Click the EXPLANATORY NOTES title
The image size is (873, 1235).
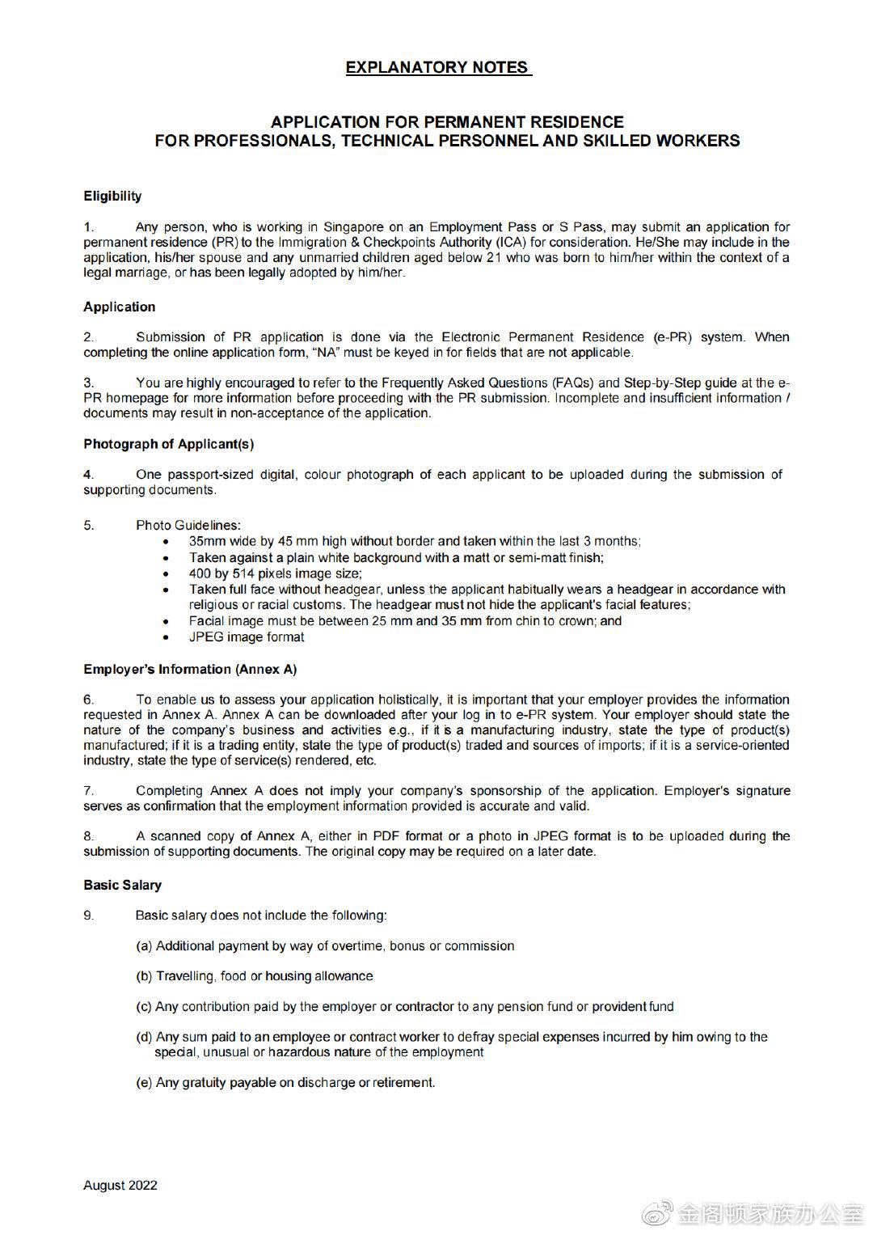pos(437,68)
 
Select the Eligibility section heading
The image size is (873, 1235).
pos(112,196)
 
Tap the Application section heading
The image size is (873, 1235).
pos(119,307)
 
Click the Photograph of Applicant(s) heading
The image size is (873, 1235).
pos(168,444)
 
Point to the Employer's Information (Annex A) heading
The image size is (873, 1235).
pos(190,669)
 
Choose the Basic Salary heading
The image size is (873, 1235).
pos(122,885)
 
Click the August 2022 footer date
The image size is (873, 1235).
pos(120,1185)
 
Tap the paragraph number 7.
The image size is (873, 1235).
pos(89,790)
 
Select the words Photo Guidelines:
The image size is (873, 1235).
pos(188,525)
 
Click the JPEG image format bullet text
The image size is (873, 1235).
pos(247,637)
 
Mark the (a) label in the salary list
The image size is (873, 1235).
pos(144,945)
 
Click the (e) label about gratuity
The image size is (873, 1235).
pos(144,1082)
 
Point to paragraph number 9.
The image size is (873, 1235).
pos(89,915)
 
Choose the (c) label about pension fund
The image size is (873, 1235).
pos(144,1006)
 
